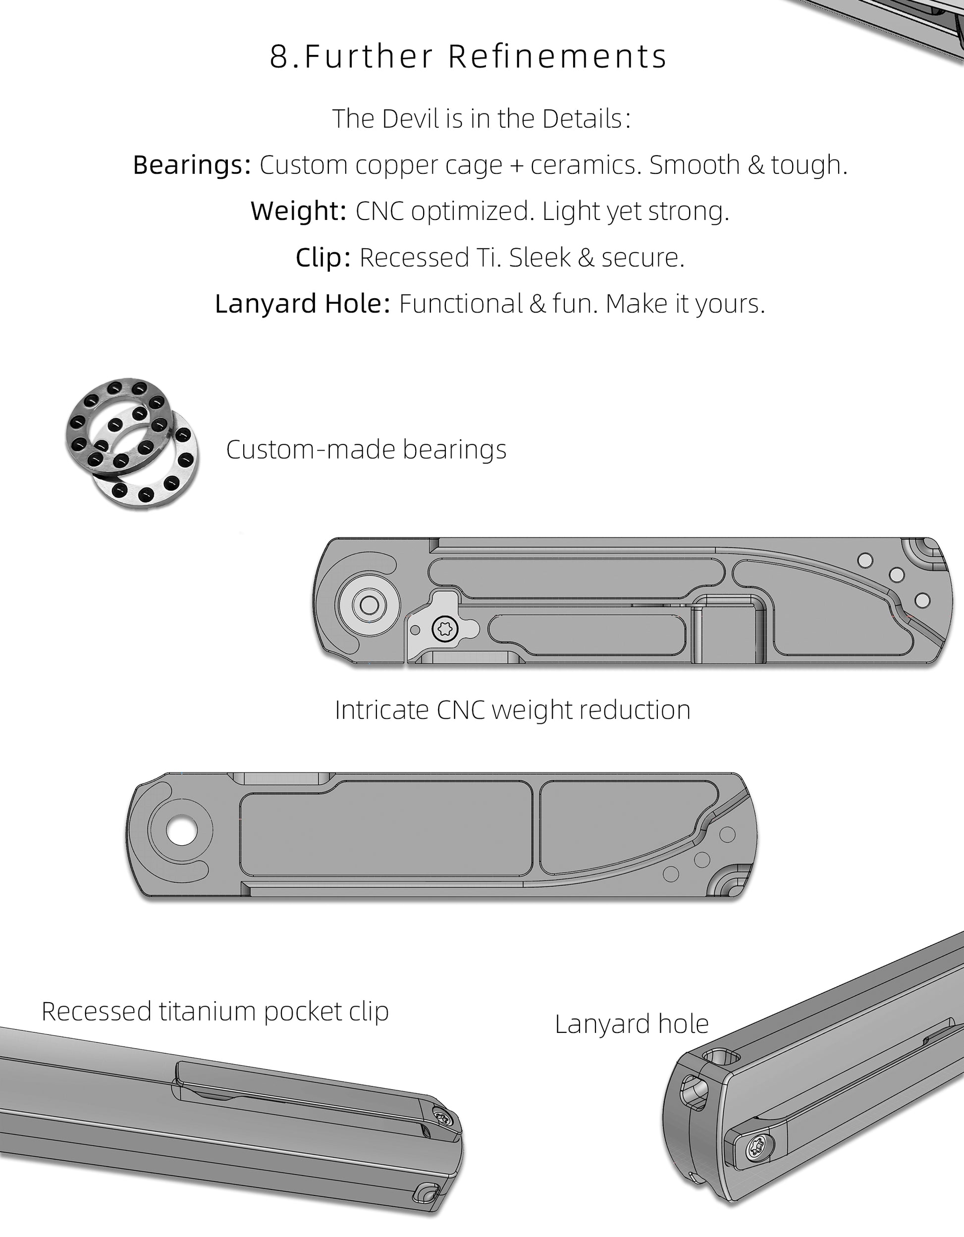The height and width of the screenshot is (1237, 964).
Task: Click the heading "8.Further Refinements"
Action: click(x=469, y=56)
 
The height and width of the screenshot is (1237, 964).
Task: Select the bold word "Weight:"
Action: click(x=299, y=211)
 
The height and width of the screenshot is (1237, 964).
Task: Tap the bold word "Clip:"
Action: click(x=323, y=258)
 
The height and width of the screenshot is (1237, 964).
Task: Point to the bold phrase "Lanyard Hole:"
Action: click(x=303, y=304)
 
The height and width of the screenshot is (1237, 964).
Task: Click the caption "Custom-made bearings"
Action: click(x=367, y=450)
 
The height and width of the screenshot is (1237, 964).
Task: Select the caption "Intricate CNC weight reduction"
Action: click(x=513, y=710)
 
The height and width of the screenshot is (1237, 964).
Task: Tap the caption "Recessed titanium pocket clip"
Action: click(x=215, y=1012)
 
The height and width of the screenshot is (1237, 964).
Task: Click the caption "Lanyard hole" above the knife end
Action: click(x=632, y=1024)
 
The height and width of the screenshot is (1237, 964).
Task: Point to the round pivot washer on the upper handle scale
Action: click(x=368, y=604)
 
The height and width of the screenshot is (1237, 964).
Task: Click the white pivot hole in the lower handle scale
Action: click(x=182, y=831)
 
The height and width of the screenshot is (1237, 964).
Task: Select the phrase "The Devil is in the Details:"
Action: click(x=482, y=119)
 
